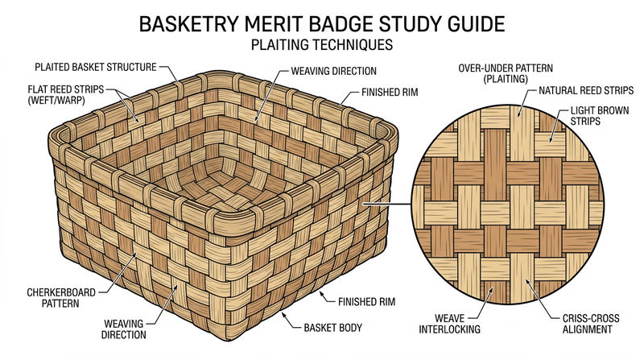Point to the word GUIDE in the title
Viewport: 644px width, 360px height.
point(473,24)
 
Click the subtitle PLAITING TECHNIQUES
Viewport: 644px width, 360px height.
point(321,44)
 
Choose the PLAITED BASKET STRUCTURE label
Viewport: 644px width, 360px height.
point(96,67)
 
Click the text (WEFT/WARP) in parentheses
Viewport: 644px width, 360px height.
point(56,101)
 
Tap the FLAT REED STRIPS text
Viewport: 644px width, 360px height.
point(66,89)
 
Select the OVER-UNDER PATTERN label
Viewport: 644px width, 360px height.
point(506,68)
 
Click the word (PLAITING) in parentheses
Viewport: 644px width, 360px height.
point(506,79)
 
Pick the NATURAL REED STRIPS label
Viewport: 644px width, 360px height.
point(586,90)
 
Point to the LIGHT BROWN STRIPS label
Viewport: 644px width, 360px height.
point(599,116)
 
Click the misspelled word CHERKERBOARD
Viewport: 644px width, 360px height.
point(61,292)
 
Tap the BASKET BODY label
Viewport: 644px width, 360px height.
point(332,328)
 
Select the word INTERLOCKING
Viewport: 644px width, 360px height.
point(449,329)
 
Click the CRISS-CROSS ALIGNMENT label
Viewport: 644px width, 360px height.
point(591,324)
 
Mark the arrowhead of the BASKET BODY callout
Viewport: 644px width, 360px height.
point(283,314)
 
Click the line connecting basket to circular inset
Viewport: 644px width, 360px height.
point(386,203)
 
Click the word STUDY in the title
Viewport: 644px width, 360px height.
point(407,24)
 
